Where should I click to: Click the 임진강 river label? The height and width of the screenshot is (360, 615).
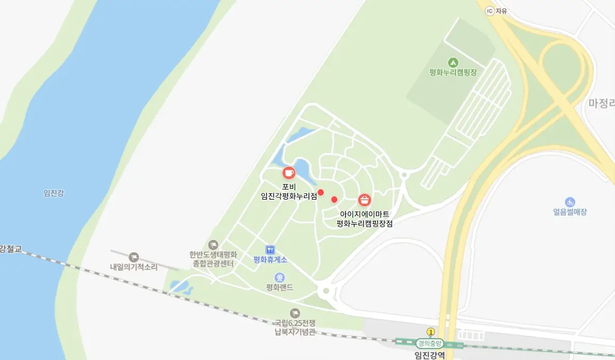(54, 193)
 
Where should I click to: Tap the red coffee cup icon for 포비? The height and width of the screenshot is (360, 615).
(288, 173)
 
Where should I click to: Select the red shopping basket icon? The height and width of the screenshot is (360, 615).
(365, 200)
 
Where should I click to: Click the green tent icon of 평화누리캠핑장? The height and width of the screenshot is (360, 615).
(453, 62)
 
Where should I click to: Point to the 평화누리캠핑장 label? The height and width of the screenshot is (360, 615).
(453, 72)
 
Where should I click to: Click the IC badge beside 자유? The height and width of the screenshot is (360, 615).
(489, 10)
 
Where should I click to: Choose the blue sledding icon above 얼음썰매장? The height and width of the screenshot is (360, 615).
(570, 202)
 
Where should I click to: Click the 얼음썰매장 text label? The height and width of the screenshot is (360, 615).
(570, 212)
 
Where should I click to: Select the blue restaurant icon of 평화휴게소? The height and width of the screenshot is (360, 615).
(270, 250)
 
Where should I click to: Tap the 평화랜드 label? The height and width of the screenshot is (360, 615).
(280, 287)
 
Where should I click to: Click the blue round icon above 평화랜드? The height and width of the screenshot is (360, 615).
(280, 278)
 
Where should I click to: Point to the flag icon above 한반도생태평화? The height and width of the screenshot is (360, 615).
(213, 245)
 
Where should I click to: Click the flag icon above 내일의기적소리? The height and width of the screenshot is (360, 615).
(134, 257)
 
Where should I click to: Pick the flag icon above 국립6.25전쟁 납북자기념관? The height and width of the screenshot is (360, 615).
(295, 313)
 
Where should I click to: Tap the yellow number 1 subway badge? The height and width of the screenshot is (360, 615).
(430, 332)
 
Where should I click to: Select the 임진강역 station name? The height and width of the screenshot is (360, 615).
(430, 355)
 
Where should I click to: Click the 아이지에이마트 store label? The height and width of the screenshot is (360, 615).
(365, 214)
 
